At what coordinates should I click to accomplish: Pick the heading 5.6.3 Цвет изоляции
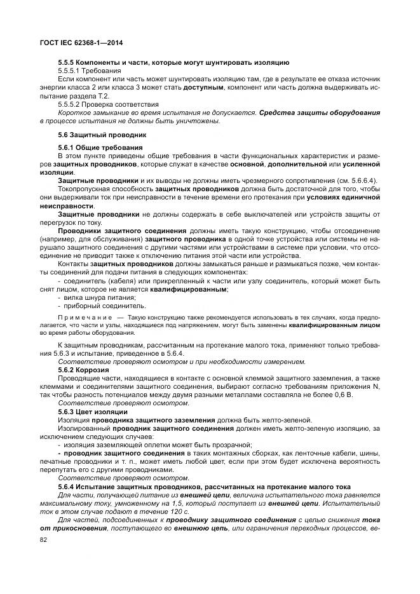92,412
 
